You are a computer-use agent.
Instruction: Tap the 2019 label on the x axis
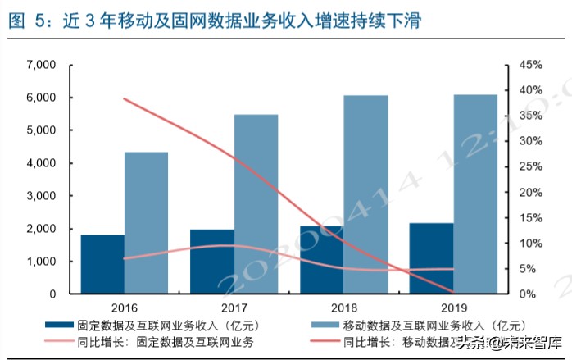pyautogui.click(x=453, y=308)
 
